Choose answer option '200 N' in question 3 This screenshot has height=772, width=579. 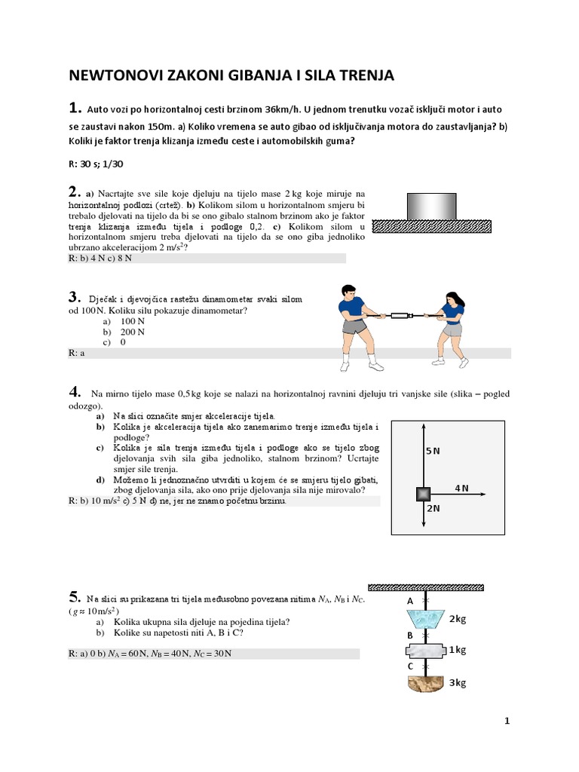[133, 332]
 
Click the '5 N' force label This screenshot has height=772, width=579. [433, 451]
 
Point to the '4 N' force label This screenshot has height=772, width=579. [461, 489]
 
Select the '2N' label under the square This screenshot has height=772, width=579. [434, 508]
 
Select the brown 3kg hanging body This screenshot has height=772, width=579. [426, 684]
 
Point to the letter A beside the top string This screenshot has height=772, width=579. [410, 601]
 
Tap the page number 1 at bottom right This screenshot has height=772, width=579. [507, 721]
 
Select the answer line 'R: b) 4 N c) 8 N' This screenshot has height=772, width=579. [100, 259]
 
